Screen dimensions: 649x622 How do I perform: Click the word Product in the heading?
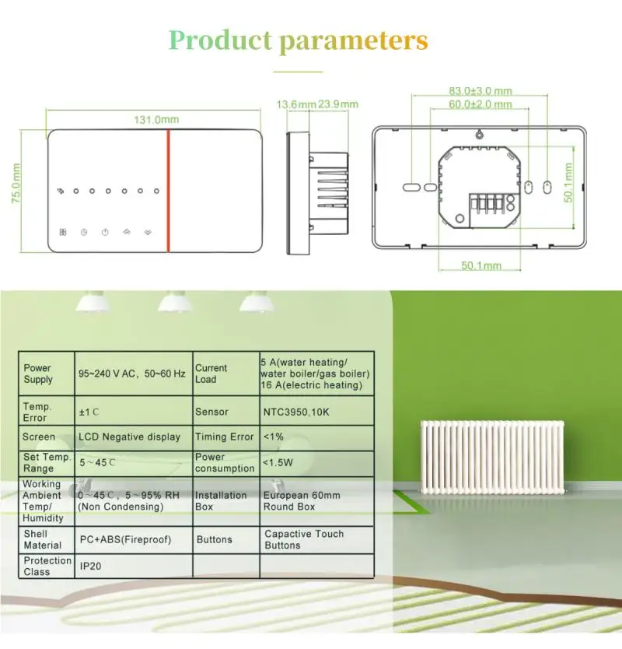pyautogui.click(x=220, y=40)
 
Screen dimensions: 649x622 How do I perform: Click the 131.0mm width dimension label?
pyautogui.click(x=156, y=120)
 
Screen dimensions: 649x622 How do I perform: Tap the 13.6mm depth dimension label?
pyautogui.click(x=296, y=104)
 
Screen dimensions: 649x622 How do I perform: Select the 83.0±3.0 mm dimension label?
pyautogui.click(x=480, y=90)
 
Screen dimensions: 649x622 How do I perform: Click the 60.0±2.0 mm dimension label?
pyautogui.click(x=480, y=103)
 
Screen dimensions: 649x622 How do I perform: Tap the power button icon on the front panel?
pyautogui.click(x=104, y=231)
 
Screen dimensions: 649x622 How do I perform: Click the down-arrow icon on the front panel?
pyautogui.click(x=148, y=231)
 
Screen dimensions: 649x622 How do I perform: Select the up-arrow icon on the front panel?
pyautogui.click(x=126, y=231)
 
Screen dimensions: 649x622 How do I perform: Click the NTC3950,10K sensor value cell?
pyautogui.click(x=296, y=412)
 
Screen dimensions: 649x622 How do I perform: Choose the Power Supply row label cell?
pyautogui.click(x=38, y=374)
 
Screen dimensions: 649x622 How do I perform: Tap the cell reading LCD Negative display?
pyautogui.click(x=129, y=437)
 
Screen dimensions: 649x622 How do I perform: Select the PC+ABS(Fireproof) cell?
pyautogui.click(x=125, y=538)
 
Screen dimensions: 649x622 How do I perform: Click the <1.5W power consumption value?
pyautogui.click(x=278, y=462)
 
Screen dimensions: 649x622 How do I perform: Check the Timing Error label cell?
pyautogui.click(x=224, y=437)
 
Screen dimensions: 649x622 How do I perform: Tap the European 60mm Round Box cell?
pyautogui.click(x=302, y=500)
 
